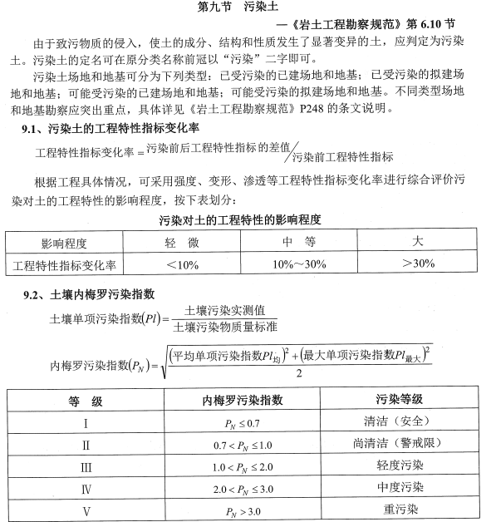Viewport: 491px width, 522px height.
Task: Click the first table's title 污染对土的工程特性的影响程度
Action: [x=240, y=219]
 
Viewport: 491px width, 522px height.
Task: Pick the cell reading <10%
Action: [x=182, y=264]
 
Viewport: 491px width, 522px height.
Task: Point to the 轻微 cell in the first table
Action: [x=182, y=243]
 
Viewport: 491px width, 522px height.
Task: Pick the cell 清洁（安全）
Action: [x=400, y=421]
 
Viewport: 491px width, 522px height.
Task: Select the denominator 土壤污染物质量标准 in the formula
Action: [x=225, y=327]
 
